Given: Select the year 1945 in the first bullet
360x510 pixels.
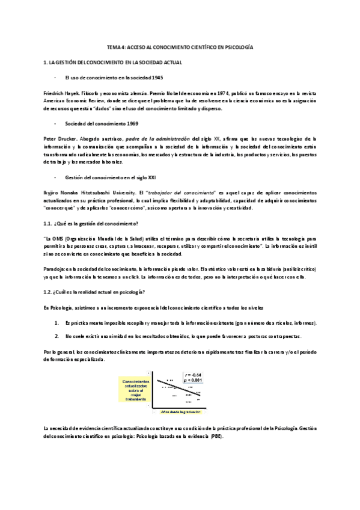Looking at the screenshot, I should pos(156,78).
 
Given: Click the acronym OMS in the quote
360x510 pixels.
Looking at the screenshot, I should pos(58,239).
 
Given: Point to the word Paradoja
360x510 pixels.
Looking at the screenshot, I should pos(56,268).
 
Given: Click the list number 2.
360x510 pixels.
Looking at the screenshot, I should pos(57,336).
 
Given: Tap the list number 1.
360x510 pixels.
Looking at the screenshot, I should pos(57,323).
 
